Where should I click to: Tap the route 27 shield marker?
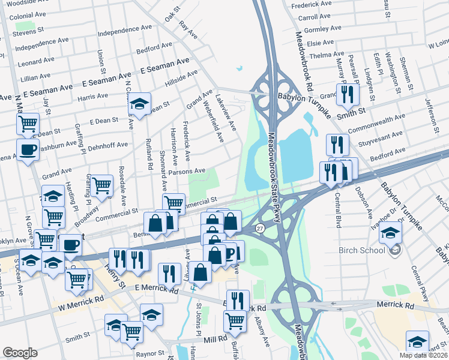(x=259, y=229)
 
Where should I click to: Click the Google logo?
(x=20, y=353)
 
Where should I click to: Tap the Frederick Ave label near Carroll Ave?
(x=311, y=4)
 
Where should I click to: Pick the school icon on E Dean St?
(x=139, y=104)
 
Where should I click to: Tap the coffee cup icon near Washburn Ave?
(x=28, y=149)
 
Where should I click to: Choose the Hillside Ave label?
(x=182, y=78)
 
